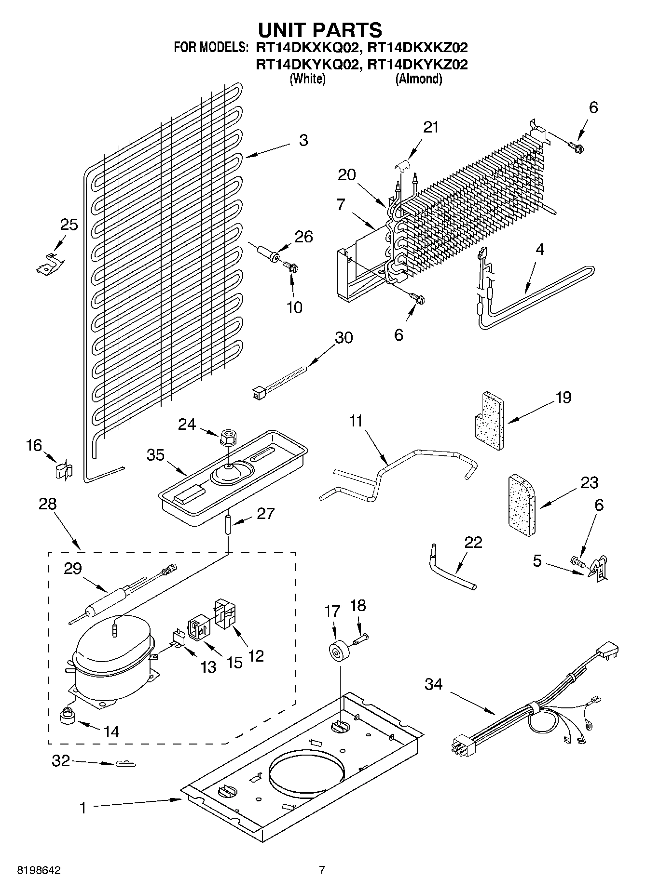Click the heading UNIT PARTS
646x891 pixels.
tap(320, 30)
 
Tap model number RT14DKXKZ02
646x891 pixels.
tap(417, 48)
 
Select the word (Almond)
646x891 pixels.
tap(418, 80)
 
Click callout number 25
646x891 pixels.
tap(69, 225)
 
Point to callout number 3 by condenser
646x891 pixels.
tap(303, 141)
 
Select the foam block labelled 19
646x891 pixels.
tap(487, 419)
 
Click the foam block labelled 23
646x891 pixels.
tap(521, 505)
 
